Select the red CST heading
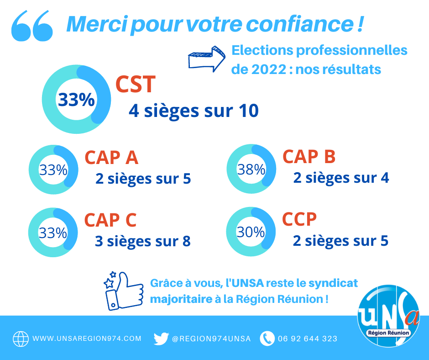pos(136,85)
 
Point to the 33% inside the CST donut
pos(76,100)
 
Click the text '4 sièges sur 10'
pos(194,111)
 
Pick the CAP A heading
pos(111,158)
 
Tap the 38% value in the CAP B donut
pos(251,169)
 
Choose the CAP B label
pos(309,157)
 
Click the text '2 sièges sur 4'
pos(341,178)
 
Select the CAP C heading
pos(110,220)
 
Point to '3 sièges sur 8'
pos(142,241)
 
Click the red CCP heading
pos(299,219)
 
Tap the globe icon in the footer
pos(21,339)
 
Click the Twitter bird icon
pos(161,339)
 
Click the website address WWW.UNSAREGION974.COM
pos(87,339)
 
